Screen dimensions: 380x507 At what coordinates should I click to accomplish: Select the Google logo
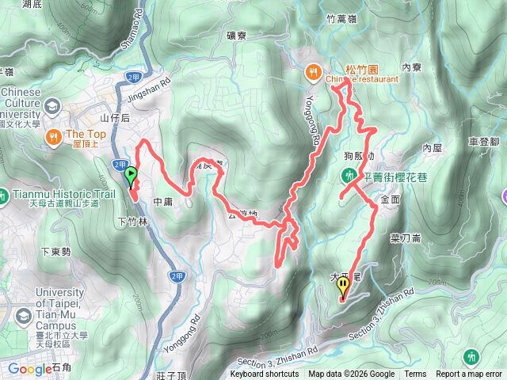pos(29,368)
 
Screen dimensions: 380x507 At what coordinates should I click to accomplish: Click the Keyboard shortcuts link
pos(265,374)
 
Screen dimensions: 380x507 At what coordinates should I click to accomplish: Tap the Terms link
pos(415,374)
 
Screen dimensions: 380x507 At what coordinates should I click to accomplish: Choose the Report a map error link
pos(470,374)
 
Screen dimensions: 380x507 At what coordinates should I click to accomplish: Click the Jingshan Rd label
pos(149,89)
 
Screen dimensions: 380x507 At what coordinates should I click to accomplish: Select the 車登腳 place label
pos(483,140)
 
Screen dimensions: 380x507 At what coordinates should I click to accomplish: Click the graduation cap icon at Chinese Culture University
pos(52,106)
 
